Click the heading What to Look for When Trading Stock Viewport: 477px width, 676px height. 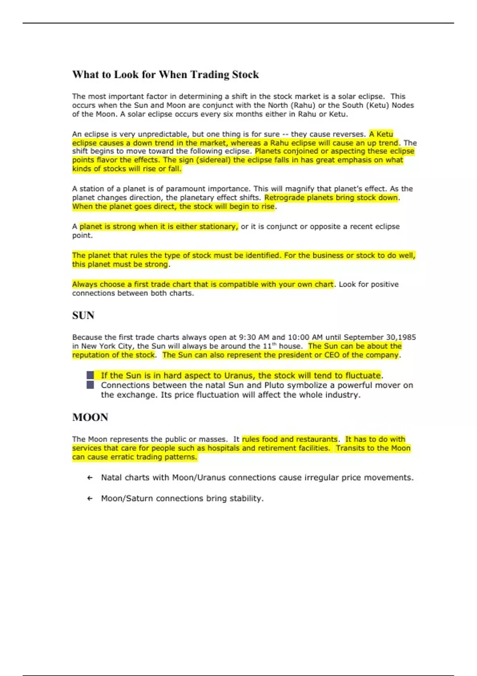pyautogui.click(x=165, y=75)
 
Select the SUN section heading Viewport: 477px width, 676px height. pyautogui.click(x=83, y=315)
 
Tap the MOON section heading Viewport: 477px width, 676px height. pyautogui.click(x=90, y=417)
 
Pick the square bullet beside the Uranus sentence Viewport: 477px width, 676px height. pyautogui.click(x=90, y=375)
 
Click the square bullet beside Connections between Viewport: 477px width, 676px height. pyautogui.click(x=90, y=385)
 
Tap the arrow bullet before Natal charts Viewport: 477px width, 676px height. pyautogui.click(x=90, y=478)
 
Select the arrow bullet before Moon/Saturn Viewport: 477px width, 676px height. pyautogui.click(x=90, y=499)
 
